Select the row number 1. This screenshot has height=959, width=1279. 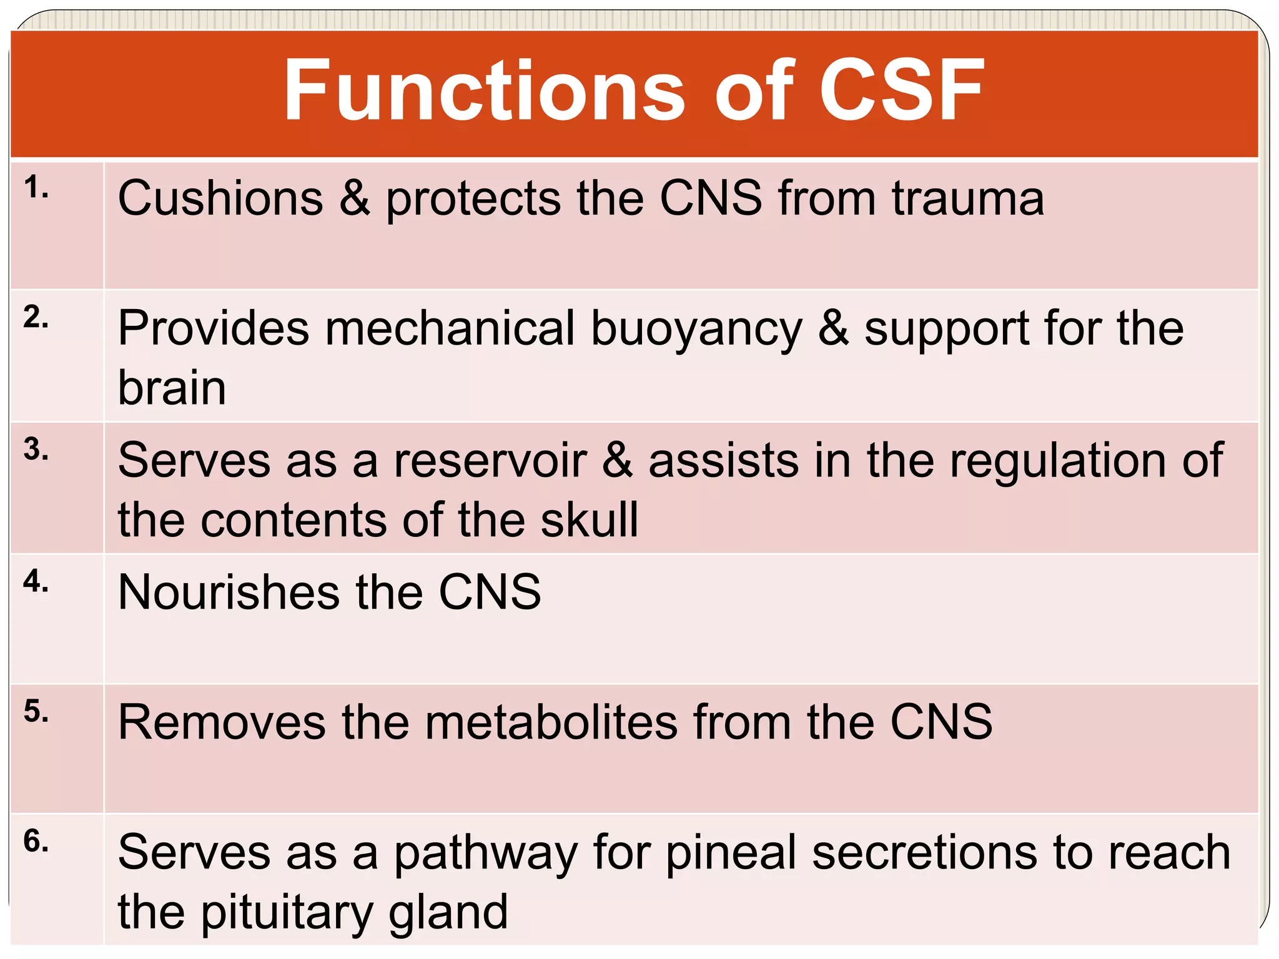(x=36, y=187)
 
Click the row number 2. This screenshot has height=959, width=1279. (x=36, y=318)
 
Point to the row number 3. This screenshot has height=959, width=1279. (x=36, y=450)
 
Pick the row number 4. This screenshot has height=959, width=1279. (x=36, y=581)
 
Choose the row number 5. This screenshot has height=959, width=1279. (x=36, y=711)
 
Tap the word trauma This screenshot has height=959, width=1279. (x=968, y=199)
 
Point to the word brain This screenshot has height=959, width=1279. (x=172, y=388)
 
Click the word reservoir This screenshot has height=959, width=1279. (x=490, y=461)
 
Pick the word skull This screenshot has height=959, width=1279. (x=590, y=520)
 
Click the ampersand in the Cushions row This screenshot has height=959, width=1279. (x=355, y=199)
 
